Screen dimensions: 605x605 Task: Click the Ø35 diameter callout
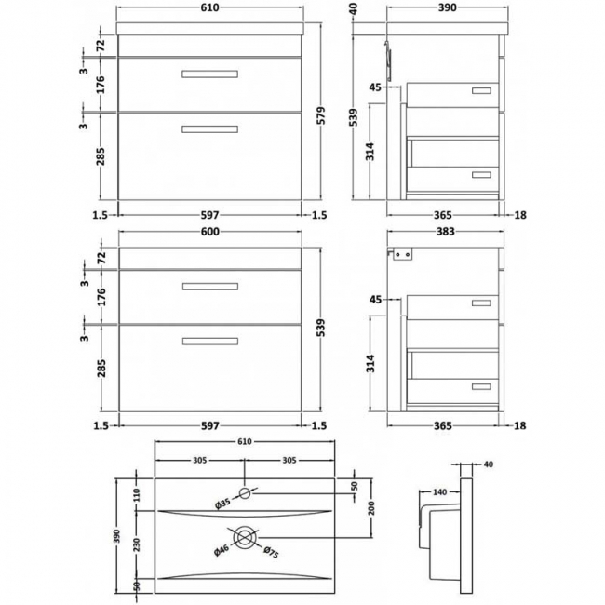click(x=224, y=504)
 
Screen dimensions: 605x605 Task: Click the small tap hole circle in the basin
click(x=246, y=491)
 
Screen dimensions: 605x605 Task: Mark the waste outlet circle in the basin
click(x=246, y=536)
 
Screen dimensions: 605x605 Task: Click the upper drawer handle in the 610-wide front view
click(x=208, y=73)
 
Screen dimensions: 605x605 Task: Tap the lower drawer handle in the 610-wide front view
click(x=208, y=130)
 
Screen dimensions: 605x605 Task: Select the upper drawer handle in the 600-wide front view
click(x=208, y=286)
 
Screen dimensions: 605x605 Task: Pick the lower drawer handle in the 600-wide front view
click(x=208, y=343)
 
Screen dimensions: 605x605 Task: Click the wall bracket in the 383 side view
click(x=401, y=253)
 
